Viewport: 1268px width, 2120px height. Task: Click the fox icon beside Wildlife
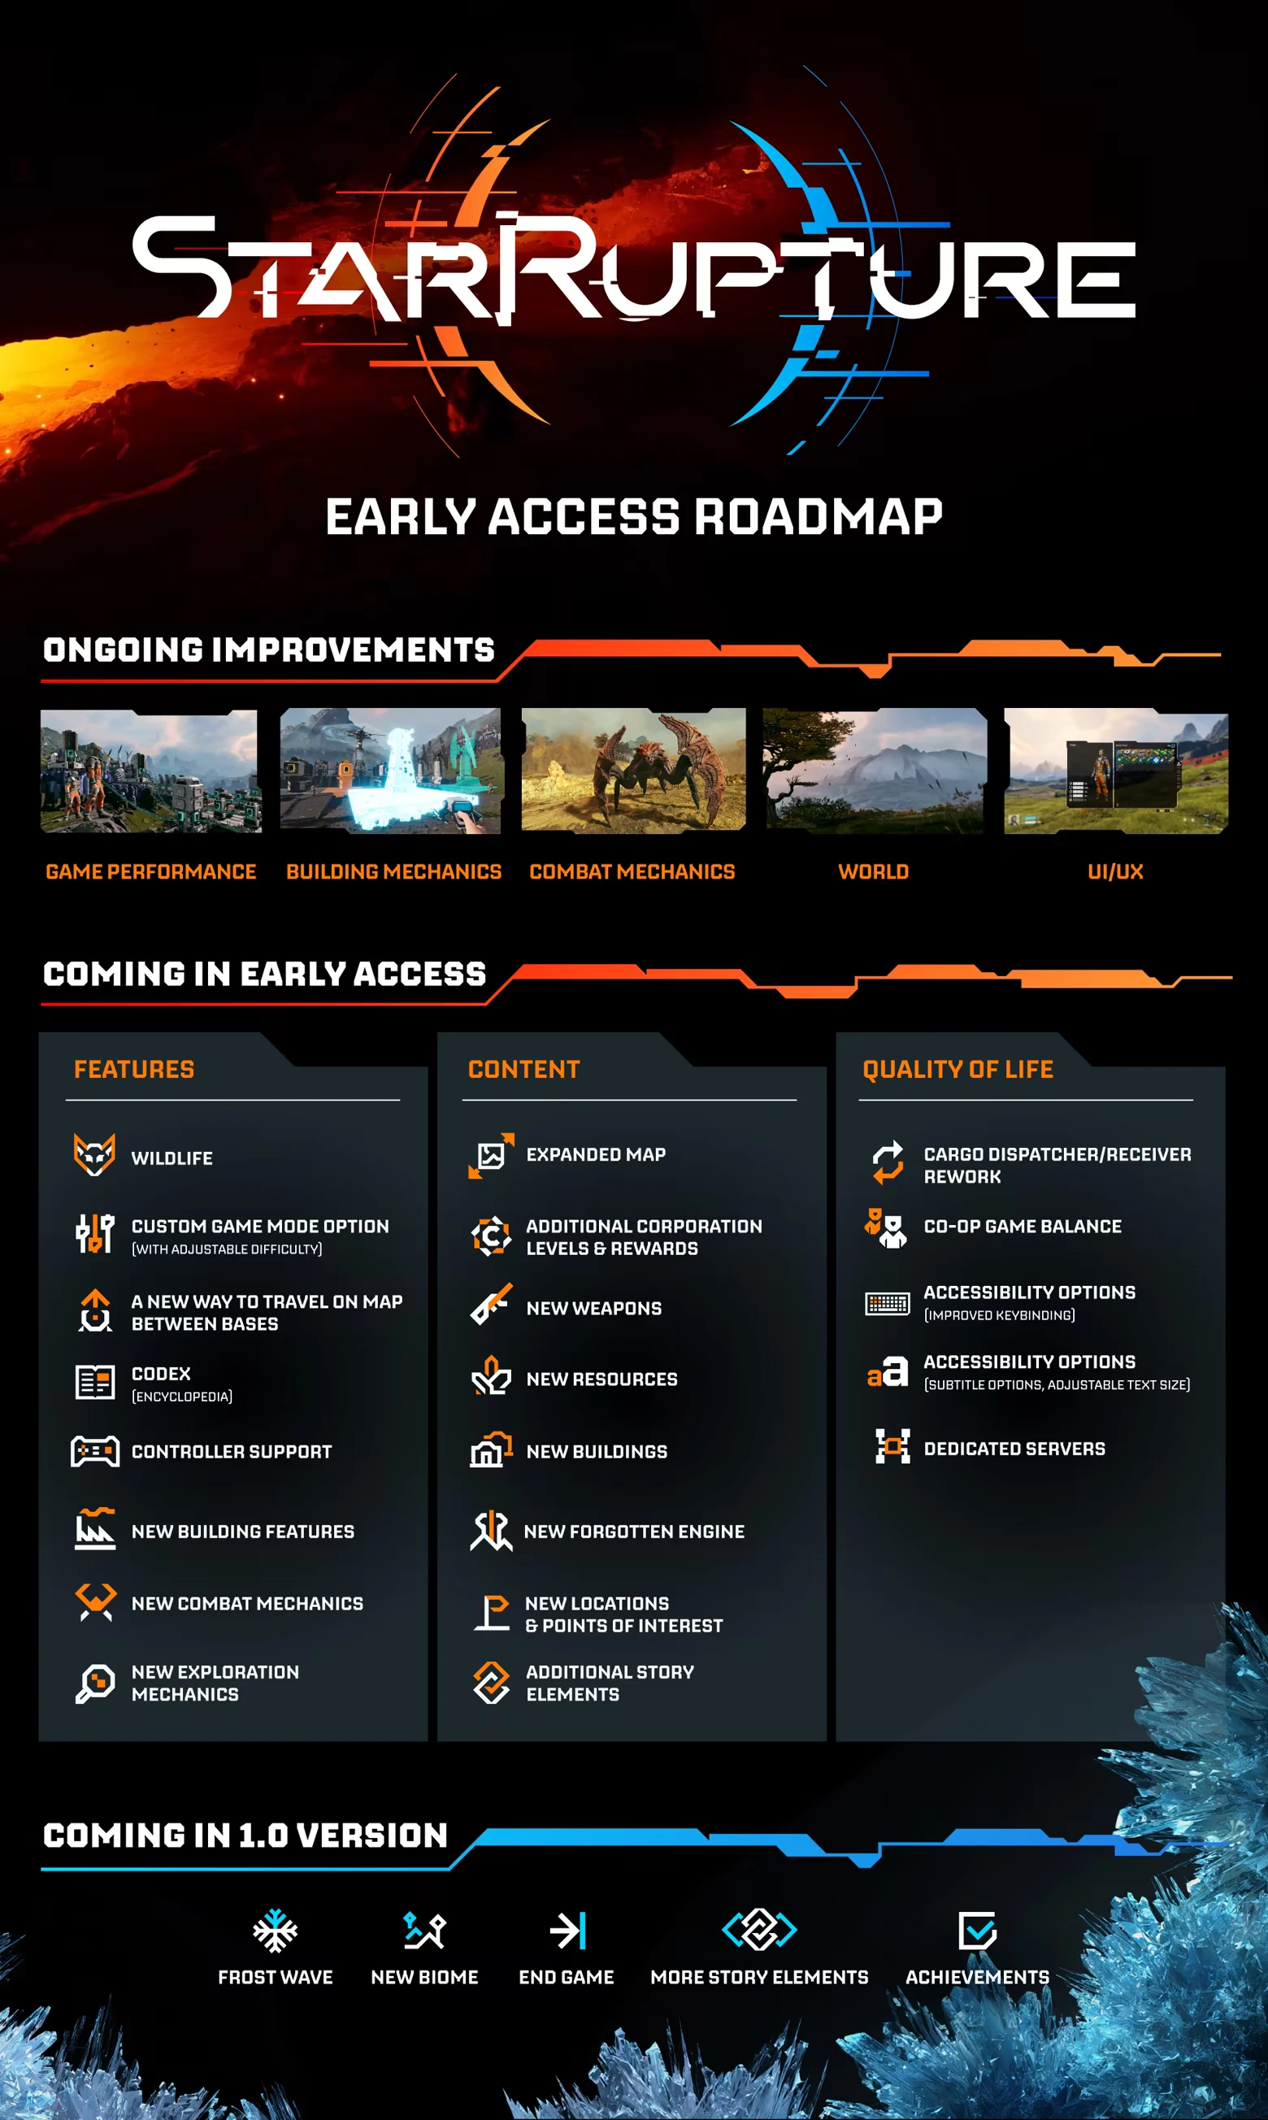pos(94,1154)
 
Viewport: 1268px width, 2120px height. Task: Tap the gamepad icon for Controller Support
pos(95,1451)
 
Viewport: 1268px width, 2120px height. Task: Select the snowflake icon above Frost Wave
pos(274,1931)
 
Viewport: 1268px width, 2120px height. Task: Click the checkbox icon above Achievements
pos(977,1931)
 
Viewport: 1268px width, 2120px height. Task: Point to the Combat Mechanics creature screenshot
pos(633,770)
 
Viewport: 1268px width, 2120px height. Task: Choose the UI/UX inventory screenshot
pos(1115,770)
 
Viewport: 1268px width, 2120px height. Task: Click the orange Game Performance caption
pos(151,871)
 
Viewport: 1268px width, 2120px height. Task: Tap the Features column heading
pos(134,1069)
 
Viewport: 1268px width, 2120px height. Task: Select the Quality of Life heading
pos(957,1069)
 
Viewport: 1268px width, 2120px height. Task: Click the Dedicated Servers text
pos(1014,1449)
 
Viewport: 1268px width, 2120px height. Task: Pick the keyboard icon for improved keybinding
pos(887,1303)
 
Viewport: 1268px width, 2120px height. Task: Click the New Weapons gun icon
pos(491,1305)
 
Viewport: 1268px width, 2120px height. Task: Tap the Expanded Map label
pos(596,1154)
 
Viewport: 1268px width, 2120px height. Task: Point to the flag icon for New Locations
pos(492,1613)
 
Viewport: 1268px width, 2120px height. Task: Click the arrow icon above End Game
pos(567,1931)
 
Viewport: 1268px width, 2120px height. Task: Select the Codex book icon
pos(95,1382)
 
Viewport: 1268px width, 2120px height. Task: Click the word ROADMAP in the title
pos(818,517)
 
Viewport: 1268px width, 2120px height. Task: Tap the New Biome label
pos(423,1976)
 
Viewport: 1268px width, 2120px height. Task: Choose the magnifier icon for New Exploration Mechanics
pos(95,1683)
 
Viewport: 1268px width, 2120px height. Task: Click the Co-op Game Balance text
pos(1022,1226)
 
